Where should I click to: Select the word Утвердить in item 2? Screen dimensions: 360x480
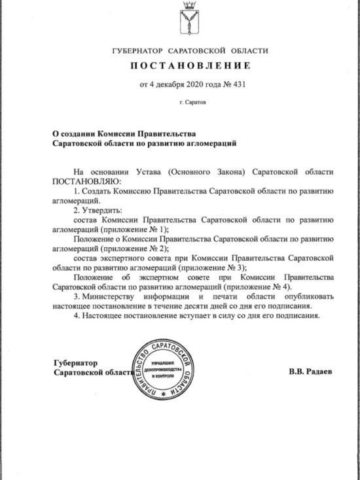click(104, 211)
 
